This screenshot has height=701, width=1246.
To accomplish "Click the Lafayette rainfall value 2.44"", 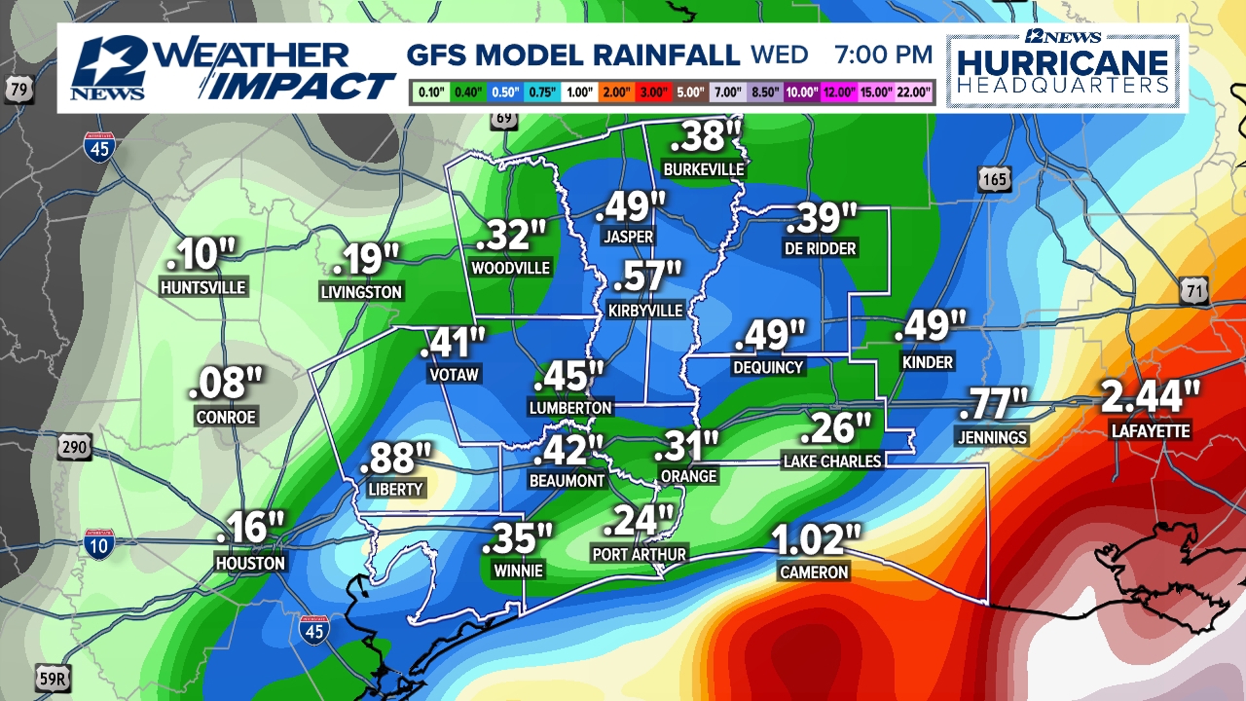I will point(1150,397).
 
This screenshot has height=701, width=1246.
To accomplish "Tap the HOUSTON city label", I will point(250,563).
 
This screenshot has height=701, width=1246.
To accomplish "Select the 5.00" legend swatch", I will point(690,92).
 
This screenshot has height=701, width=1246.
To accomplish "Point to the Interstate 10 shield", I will point(99,545).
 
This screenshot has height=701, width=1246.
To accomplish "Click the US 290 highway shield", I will point(74,447).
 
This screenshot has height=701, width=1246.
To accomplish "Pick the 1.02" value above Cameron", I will point(816,539).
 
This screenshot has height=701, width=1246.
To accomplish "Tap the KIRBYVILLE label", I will point(645,310).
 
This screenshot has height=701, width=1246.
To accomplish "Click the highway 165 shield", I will point(994,179).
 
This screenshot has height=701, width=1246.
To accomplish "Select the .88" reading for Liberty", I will point(395,458).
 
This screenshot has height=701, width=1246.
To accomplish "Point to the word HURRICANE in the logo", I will point(1062,64).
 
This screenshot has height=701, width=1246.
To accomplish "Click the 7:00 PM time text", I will point(883,55).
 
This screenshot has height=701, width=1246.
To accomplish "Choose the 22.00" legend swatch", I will point(913,92).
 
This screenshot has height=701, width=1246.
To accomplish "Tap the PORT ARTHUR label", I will point(639,554).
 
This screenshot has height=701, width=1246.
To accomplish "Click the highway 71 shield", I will point(1194,290).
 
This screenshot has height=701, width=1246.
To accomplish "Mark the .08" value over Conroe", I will point(225,383).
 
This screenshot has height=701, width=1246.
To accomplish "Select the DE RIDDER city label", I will point(820,248).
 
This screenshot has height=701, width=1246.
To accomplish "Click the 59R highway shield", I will point(53,678).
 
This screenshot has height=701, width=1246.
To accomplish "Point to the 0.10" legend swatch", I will point(430,92).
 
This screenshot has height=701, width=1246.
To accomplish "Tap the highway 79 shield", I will point(19,88).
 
